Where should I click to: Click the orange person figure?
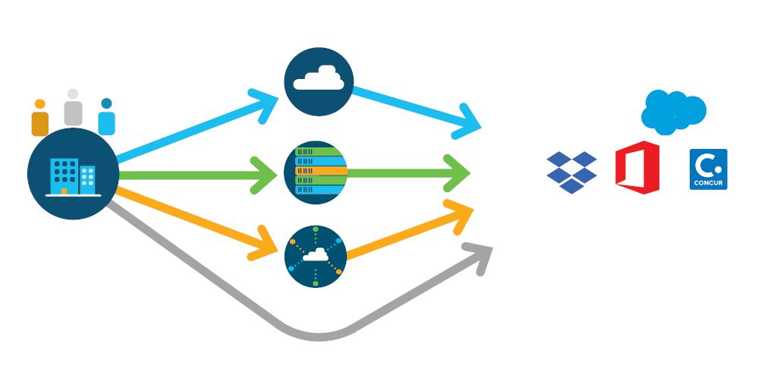[x=40, y=119]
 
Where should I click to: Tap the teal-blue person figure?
[x=106, y=118]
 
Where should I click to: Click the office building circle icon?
[x=73, y=175]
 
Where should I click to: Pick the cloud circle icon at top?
[x=319, y=81]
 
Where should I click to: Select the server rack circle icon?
[x=316, y=172]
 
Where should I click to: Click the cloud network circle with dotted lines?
[x=316, y=255]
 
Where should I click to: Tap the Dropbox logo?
[x=571, y=172]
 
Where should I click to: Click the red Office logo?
[x=637, y=167]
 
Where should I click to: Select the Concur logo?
[x=709, y=169]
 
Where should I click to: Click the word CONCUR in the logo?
[x=709, y=182]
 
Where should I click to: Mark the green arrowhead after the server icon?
[x=460, y=173]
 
